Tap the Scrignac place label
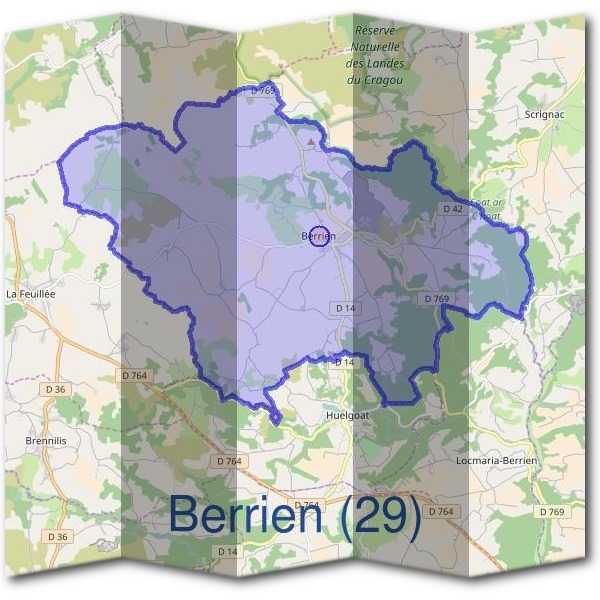click(x=545, y=116)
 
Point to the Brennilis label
click(x=46, y=440)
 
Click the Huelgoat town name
click(x=349, y=412)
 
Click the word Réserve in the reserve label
click(x=376, y=31)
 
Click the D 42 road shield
click(x=453, y=209)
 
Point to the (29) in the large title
click(x=378, y=515)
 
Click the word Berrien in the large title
click(x=245, y=515)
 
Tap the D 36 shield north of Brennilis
click(x=54, y=388)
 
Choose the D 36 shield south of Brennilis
click(x=57, y=537)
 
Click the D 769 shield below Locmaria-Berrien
click(x=551, y=512)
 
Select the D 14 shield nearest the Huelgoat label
click(x=344, y=361)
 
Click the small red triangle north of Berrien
click(x=311, y=142)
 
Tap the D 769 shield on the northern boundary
click(x=263, y=90)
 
